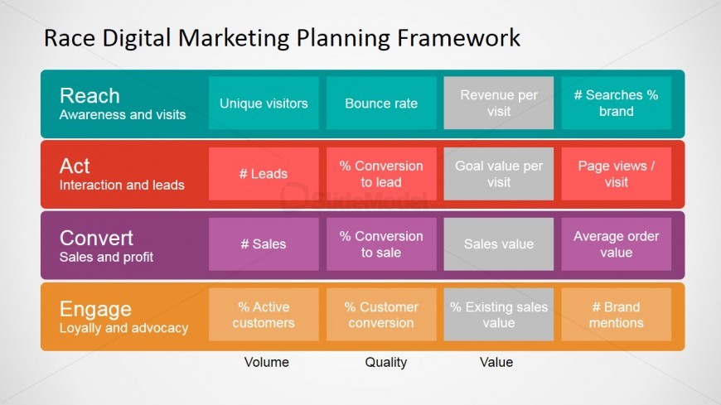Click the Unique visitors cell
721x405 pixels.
point(264,103)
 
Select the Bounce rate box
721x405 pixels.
point(381,103)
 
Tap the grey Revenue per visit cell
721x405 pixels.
point(498,103)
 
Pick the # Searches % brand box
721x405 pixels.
point(616,103)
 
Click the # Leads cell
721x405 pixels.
point(264,174)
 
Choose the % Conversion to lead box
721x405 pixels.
point(381,174)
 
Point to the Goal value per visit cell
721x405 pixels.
point(498,174)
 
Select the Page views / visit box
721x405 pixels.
point(616,174)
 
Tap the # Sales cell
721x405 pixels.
point(264,244)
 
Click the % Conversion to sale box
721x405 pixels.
point(381,244)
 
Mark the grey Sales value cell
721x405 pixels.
point(498,244)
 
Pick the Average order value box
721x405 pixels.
point(616,244)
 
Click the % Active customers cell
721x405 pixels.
point(264,315)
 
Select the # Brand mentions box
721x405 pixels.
point(616,315)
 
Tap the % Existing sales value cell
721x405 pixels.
point(498,315)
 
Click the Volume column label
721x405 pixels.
point(267,362)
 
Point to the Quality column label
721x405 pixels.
point(386,363)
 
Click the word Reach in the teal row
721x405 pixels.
point(90,96)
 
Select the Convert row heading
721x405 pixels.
point(97,239)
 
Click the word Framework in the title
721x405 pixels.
point(458,38)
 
